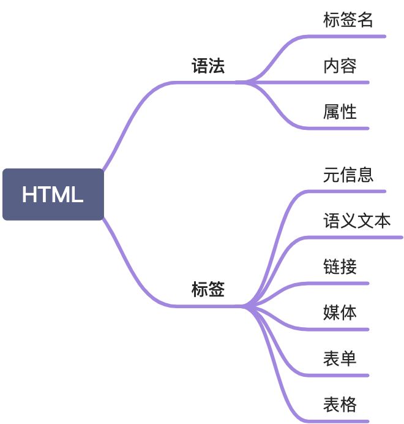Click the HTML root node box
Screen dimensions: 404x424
point(53,194)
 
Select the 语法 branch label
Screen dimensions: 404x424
point(208,66)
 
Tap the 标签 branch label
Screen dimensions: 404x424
point(208,290)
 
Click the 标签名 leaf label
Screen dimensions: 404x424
point(348,20)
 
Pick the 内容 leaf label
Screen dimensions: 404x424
point(340,66)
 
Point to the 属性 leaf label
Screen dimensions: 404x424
point(340,112)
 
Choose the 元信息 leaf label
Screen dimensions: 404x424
point(348,175)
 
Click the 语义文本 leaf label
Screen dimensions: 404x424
point(356,221)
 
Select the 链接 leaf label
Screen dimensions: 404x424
point(340,267)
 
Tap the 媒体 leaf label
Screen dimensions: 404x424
point(340,313)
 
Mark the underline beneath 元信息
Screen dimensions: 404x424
point(349,191)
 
